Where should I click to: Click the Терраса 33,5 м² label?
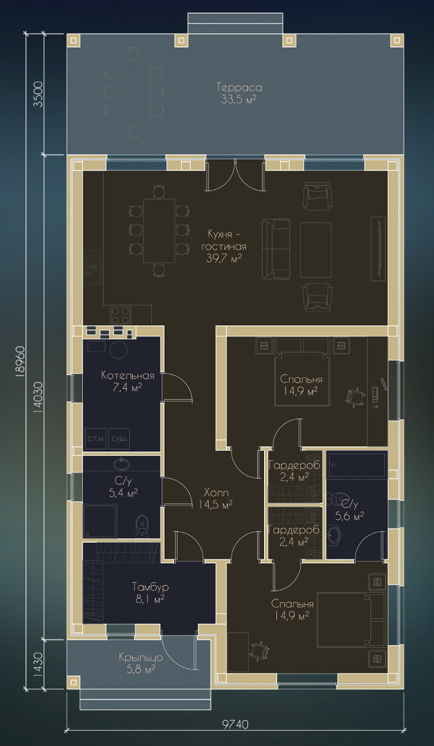pyautogui.click(x=239, y=94)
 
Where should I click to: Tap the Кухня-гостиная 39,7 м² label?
pyautogui.click(x=224, y=246)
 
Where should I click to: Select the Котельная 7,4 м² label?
pyautogui.click(x=128, y=381)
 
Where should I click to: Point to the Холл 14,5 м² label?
pyautogui.click(x=216, y=497)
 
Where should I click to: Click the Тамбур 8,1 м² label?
pyautogui.click(x=149, y=593)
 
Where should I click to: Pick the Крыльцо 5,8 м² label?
pyautogui.click(x=141, y=663)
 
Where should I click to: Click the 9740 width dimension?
pyautogui.click(x=235, y=725)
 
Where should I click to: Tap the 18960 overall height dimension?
pyautogui.click(x=20, y=362)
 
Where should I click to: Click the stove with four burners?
pyautogui.click(x=121, y=314)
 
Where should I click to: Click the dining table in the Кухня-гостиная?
pyautogui.click(x=159, y=230)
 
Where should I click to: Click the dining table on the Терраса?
pyautogui.click(x=133, y=93)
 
